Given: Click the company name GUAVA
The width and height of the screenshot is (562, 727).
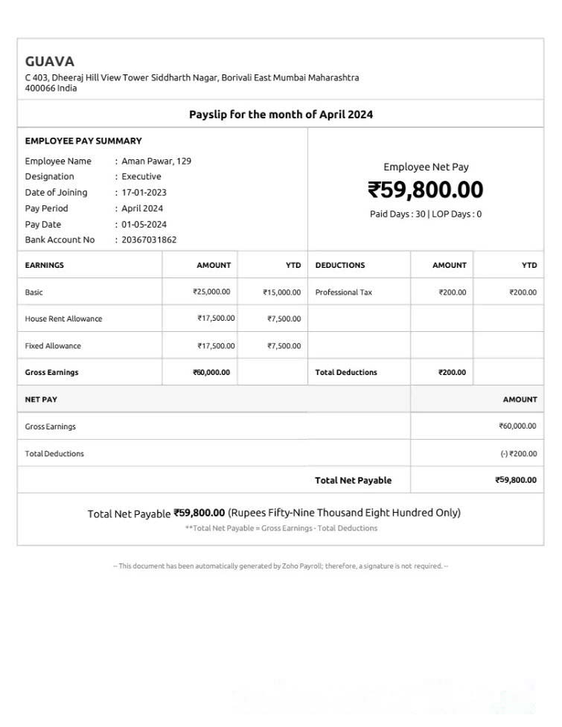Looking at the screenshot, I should [x=50, y=62].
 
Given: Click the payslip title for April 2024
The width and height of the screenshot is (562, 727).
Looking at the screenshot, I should [x=281, y=115].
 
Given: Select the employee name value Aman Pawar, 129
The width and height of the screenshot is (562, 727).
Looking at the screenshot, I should [x=156, y=161].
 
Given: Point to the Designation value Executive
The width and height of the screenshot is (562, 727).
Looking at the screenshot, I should [x=141, y=177].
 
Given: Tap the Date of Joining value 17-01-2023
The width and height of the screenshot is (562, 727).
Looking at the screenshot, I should [x=144, y=193].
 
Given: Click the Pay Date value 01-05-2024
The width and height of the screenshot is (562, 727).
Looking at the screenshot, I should [x=144, y=225].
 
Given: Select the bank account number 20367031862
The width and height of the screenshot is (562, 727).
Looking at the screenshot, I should [x=149, y=240].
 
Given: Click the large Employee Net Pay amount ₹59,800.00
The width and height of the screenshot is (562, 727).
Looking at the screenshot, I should [x=425, y=190].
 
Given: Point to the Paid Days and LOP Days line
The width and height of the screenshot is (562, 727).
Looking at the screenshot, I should [x=425, y=214].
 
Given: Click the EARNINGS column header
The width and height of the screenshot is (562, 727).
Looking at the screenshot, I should [x=45, y=266].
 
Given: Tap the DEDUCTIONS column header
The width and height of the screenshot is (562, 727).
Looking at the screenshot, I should [x=340, y=266].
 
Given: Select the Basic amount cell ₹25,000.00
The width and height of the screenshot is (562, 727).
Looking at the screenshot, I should [x=211, y=292].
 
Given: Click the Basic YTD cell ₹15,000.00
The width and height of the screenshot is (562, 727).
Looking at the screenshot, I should [x=281, y=292].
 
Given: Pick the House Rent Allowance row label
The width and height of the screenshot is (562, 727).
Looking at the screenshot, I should [x=63, y=319].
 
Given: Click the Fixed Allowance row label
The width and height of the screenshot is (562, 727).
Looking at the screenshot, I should [x=53, y=346].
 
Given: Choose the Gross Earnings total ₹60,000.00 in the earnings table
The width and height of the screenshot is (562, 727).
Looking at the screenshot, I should [x=211, y=373].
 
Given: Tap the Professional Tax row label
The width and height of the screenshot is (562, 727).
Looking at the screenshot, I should [x=343, y=292].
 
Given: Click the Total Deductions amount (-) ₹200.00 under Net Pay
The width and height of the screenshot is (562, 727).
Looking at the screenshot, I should [x=518, y=454].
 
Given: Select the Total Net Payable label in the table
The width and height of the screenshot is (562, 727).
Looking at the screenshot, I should [x=353, y=481].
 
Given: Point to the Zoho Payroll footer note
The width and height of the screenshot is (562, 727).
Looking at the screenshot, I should [x=281, y=566].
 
